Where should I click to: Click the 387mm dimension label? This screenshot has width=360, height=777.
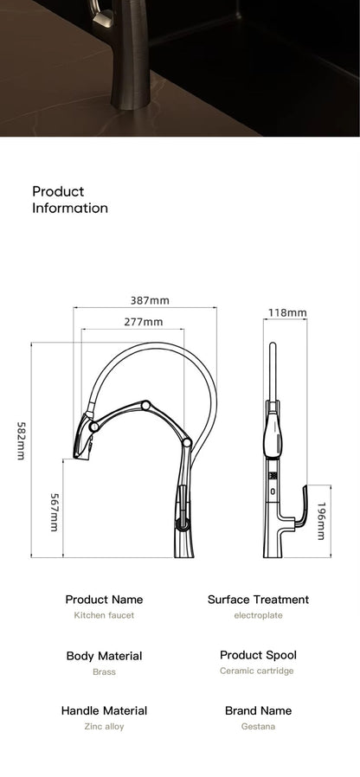tap(150, 300)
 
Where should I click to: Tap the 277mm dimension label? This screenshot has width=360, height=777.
tap(143, 322)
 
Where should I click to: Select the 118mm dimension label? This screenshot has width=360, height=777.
tap(287, 312)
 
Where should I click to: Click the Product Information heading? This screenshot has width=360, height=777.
tap(70, 200)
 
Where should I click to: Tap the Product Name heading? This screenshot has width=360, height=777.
tap(104, 600)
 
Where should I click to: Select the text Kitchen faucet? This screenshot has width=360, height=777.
tap(104, 615)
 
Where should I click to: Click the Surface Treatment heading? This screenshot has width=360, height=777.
tap(258, 600)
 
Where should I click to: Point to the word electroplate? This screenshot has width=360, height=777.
tap(258, 615)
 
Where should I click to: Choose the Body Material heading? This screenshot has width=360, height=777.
tap(104, 656)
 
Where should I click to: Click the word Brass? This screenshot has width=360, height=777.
tap(104, 671)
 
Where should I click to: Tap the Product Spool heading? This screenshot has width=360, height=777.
tap(258, 655)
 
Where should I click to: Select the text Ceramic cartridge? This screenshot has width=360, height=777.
tap(258, 671)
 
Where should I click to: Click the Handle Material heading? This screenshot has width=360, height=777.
tap(104, 710)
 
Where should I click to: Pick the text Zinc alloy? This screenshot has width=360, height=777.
tap(104, 727)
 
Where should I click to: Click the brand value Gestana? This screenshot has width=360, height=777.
tap(258, 727)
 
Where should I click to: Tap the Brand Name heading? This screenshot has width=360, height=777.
tap(258, 710)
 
